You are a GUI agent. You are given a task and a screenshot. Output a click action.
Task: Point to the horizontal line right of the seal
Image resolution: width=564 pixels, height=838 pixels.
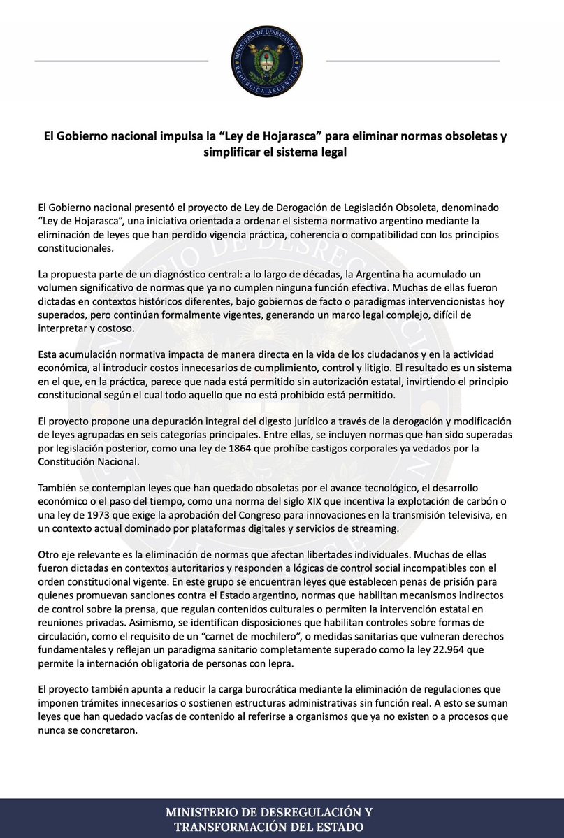pos(412,61)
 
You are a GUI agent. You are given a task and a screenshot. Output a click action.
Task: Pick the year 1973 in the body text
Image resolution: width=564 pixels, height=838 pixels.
pos(92,516)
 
